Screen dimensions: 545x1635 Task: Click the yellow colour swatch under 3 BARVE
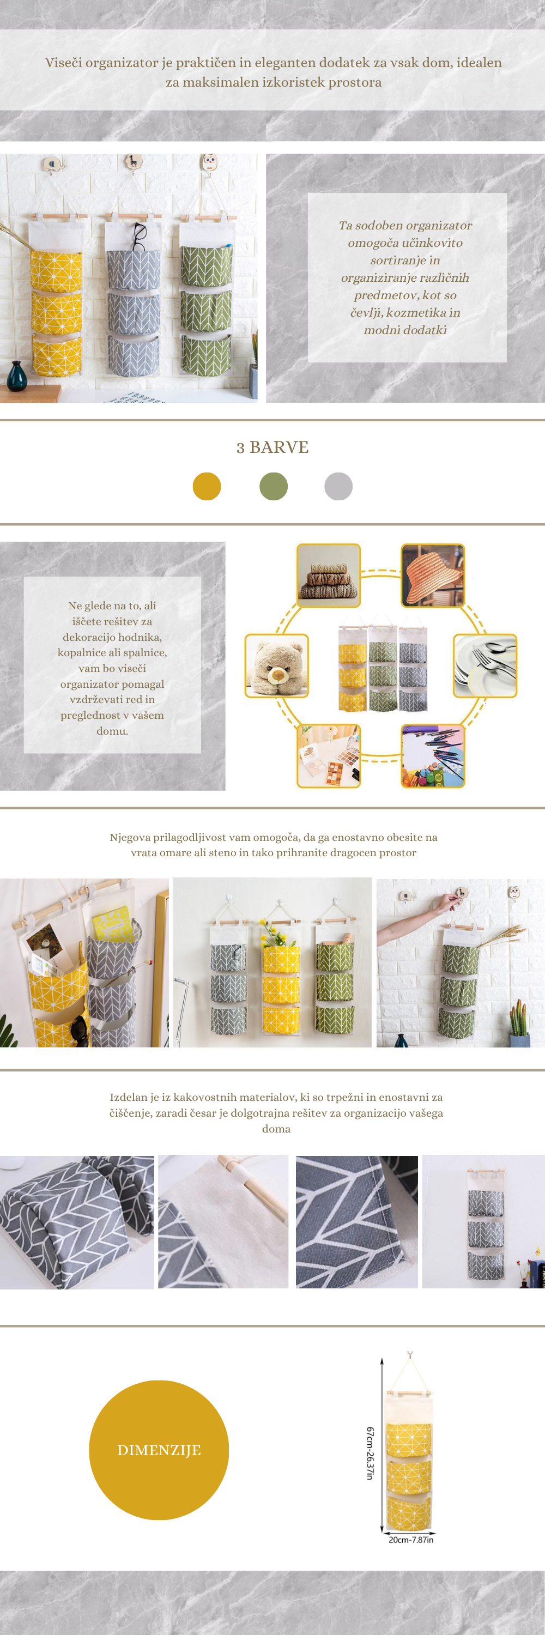point(207,486)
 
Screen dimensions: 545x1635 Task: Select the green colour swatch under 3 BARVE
point(274,486)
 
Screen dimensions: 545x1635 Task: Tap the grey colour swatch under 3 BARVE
point(338,486)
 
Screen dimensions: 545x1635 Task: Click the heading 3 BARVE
point(273,447)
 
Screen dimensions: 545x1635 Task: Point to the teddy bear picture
point(277,666)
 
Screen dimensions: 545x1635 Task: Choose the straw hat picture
point(433,576)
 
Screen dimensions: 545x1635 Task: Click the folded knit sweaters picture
point(329,576)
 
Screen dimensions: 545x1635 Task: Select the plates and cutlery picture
point(486,666)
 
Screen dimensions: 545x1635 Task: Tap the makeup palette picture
point(329,756)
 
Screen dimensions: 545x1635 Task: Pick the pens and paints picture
point(433,756)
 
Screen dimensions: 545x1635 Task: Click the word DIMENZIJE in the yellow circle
point(159,1450)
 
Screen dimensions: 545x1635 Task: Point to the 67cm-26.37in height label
point(370,1454)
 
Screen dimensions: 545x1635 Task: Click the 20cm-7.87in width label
point(411,1540)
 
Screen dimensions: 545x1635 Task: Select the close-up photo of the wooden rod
point(223,1222)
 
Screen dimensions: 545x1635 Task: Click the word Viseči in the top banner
point(63,63)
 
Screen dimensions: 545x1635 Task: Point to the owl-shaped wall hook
point(209,162)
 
